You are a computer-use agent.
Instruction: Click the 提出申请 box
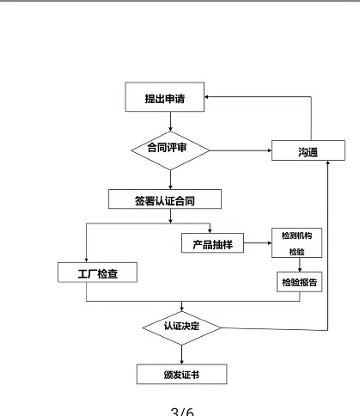coord(165,97)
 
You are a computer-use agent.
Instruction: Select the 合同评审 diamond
coord(170,150)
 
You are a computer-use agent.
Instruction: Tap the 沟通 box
coord(308,150)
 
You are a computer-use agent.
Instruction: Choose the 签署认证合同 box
coord(165,199)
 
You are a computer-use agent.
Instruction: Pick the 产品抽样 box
coord(212,243)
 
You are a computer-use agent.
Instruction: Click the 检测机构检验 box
coord(296,242)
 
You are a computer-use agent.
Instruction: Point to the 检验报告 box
coord(299,282)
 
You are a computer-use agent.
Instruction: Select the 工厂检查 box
coord(97,272)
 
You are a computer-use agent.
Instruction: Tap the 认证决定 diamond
coord(181,327)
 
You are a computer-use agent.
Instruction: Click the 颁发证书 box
coord(181,374)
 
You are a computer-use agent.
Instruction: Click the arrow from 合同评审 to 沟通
coord(241,150)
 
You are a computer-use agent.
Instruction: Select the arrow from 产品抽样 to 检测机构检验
coord(258,243)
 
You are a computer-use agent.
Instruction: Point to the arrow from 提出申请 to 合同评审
coord(170,121)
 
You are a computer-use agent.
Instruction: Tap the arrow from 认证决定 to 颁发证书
coord(181,354)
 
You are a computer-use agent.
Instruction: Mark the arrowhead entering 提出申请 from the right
coord(206,97)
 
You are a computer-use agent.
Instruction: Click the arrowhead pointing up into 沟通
coord(327,162)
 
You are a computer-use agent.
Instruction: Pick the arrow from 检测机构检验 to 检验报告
coord(300,265)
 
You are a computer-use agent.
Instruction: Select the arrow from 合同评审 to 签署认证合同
coord(170,180)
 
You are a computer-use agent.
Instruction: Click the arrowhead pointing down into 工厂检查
coord(86,260)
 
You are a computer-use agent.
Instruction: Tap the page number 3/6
coord(182,412)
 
